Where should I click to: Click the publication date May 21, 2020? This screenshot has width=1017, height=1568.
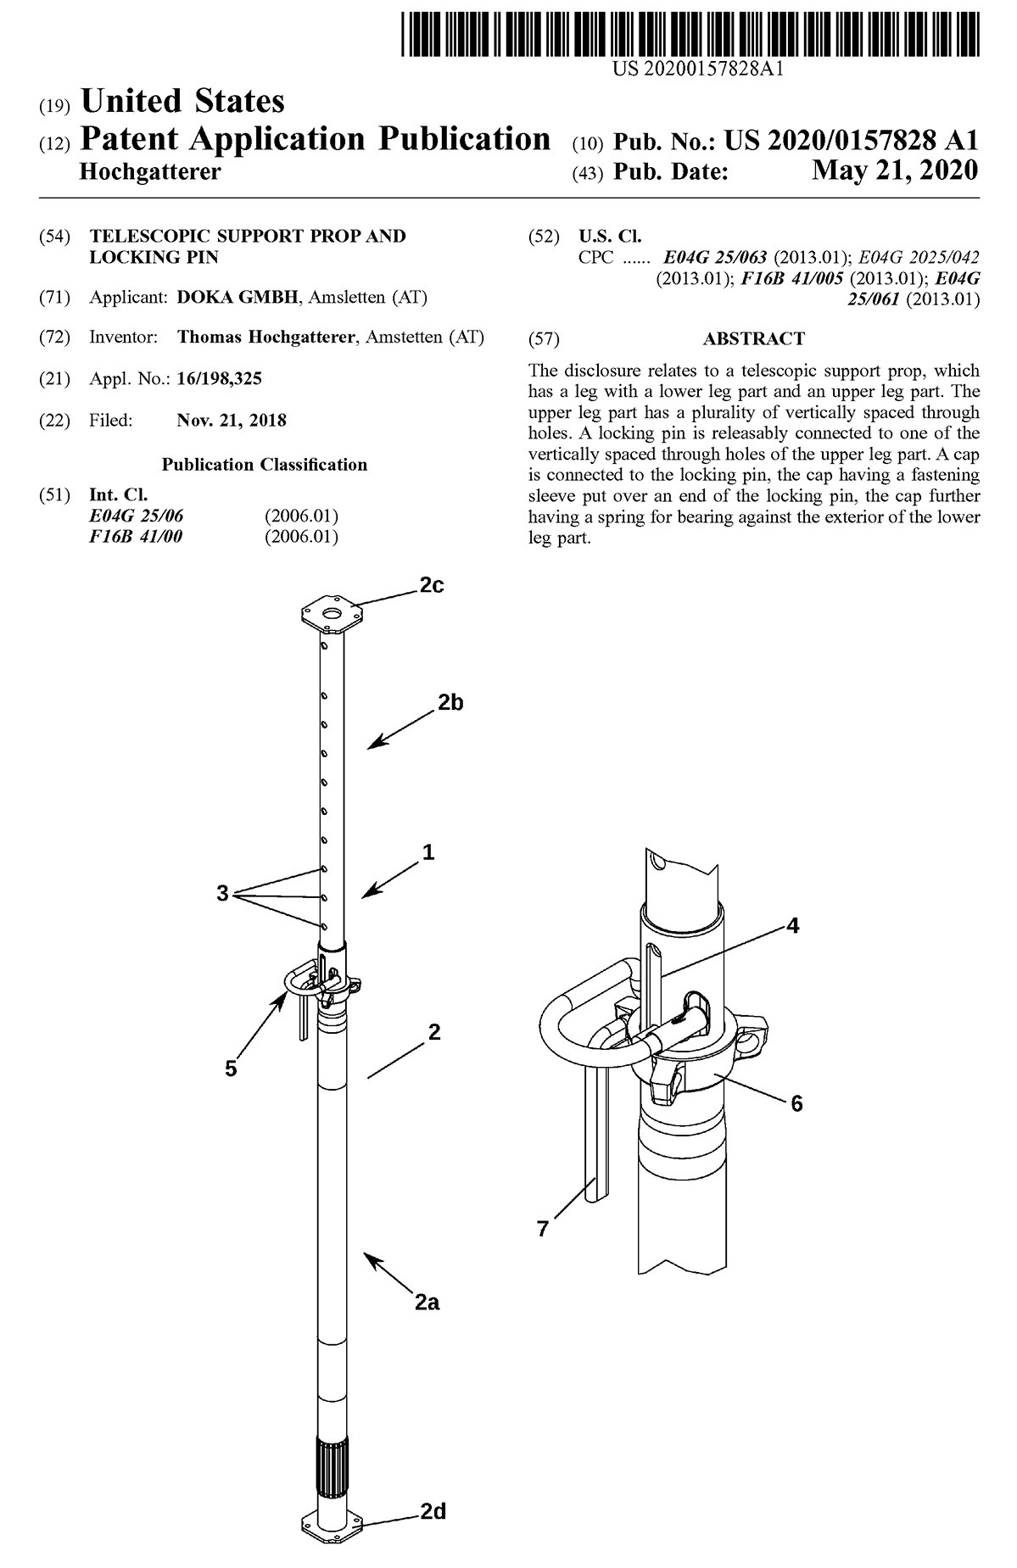(894, 171)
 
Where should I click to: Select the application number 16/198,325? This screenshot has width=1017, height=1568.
(219, 379)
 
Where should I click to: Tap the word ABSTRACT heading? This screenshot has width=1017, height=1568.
(753, 339)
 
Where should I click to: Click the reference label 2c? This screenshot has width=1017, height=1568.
(431, 586)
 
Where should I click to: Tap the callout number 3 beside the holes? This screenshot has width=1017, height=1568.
(222, 893)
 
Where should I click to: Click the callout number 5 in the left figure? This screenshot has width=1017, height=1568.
(231, 1069)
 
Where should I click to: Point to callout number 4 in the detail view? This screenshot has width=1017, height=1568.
(792, 925)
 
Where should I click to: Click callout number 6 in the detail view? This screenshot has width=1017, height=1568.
(796, 1103)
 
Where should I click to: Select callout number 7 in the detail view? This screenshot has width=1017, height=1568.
(543, 1229)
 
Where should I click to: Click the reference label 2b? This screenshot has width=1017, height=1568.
(450, 702)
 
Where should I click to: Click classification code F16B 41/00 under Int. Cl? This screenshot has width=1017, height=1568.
(136, 537)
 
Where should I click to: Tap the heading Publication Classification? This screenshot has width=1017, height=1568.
(265, 465)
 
